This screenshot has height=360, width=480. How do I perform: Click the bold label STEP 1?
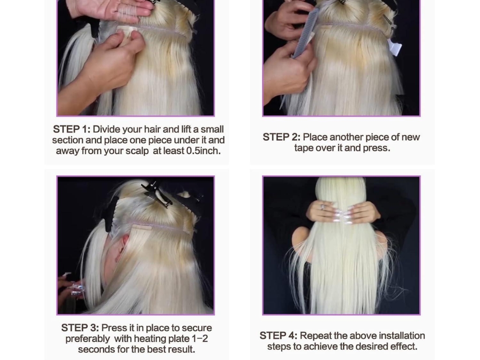pos(72,129)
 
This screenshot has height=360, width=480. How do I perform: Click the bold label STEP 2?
pos(281,137)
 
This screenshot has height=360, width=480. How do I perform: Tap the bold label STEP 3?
pos(80,328)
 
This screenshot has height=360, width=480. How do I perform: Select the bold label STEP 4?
pos(278,336)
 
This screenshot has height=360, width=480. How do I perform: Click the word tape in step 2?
pos(305,148)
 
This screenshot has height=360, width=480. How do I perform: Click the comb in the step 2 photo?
pos(305,37)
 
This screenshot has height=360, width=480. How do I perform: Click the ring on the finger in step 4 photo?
pos(322,207)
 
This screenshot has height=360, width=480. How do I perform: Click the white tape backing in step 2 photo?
pos(394,47)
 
